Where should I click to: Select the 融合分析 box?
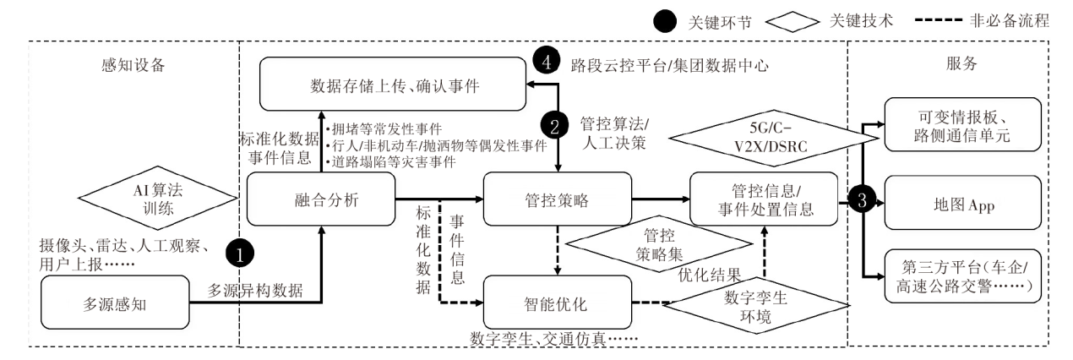[x=322, y=199]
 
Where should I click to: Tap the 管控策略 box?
[x=557, y=199]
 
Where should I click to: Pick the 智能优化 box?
[x=557, y=302]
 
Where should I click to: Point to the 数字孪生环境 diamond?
[x=744, y=305]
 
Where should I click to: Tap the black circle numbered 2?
[x=554, y=128]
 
